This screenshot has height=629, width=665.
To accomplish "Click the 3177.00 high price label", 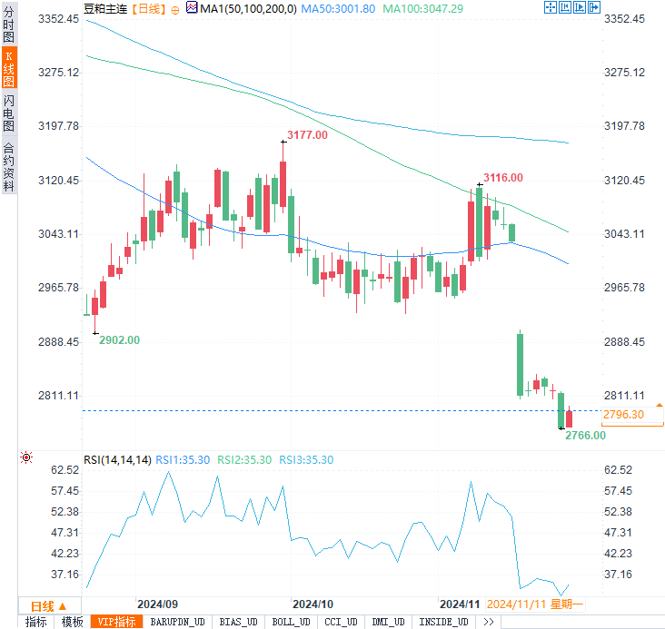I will (306, 135).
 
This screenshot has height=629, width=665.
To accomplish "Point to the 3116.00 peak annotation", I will (502, 178).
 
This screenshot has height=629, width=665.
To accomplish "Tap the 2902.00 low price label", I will (119, 339).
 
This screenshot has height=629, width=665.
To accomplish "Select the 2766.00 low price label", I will (585, 436).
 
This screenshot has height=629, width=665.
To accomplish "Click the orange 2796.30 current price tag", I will (623, 415).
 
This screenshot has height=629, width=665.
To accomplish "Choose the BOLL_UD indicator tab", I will (290, 622).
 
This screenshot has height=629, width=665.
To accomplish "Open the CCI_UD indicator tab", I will (341, 622).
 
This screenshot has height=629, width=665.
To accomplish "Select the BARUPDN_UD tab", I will (177, 622).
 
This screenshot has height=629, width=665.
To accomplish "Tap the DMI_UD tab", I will (390, 622).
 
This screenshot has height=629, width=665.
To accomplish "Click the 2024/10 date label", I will (313, 604).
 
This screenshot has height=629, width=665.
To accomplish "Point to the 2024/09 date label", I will (157, 604).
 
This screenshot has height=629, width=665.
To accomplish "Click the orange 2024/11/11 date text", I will (517, 604).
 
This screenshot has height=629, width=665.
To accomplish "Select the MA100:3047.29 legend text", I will (423, 8).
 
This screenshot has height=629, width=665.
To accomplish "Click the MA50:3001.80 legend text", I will (339, 8).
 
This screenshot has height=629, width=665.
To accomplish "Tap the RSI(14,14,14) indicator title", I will (117, 460).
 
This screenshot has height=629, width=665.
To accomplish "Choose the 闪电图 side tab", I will (8, 113).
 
